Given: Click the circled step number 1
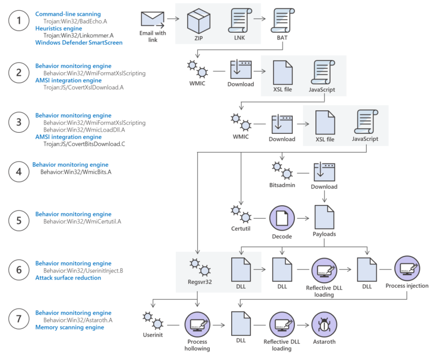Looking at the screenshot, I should (x=18, y=22).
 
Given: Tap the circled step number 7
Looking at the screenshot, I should (x=18, y=320).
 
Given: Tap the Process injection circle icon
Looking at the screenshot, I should (x=406, y=268).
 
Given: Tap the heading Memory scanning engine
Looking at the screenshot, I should (x=70, y=327).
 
